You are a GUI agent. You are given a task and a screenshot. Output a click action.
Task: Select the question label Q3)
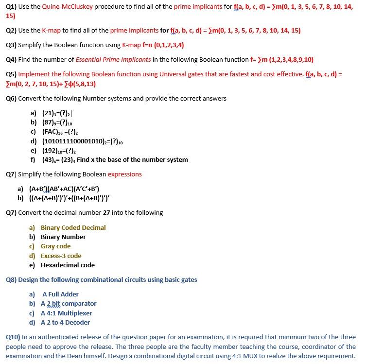click(x=11, y=45)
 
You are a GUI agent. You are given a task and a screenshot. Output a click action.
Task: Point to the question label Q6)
click(x=11, y=98)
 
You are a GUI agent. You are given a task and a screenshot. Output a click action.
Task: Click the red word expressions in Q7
click(x=124, y=174)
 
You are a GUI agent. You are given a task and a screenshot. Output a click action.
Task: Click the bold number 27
click(x=107, y=212)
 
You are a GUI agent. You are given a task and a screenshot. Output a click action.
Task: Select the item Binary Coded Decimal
click(x=73, y=227)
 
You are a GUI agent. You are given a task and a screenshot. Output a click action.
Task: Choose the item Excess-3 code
click(x=61, y=256)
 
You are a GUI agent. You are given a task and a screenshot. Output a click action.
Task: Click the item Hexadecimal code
click(x=68, y=265)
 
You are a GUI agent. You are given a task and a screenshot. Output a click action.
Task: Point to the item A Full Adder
click(x=60, y=294)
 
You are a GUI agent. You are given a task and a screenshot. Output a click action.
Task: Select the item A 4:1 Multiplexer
click(x=66, y=313)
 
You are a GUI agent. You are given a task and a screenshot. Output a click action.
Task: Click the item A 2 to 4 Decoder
click(x=65, y=322)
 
